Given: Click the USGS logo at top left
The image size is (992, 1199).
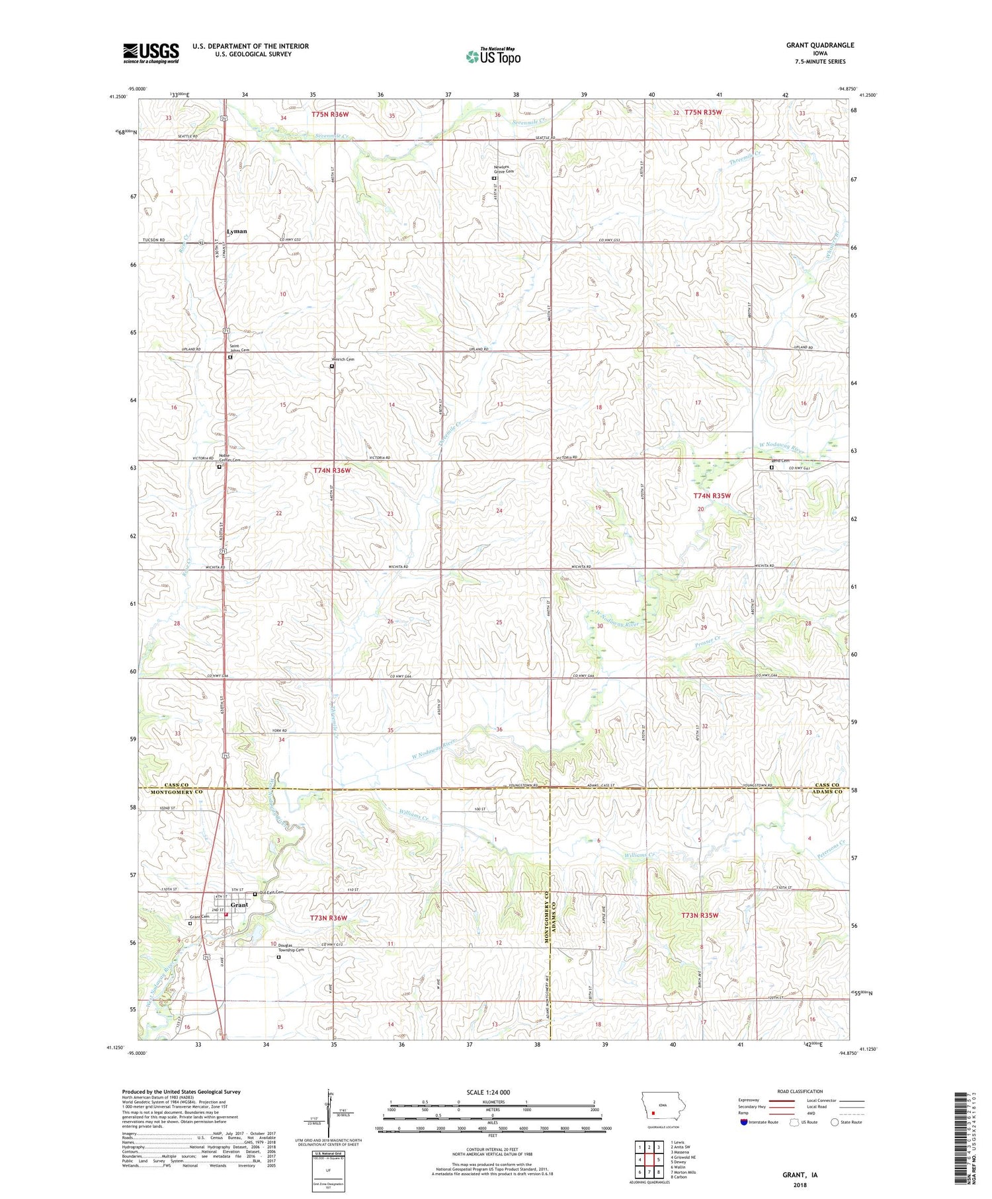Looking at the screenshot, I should pyautogui.click(x=151, y=53).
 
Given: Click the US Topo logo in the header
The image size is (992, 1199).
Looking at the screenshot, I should pyautogui.click(x=493, y=57).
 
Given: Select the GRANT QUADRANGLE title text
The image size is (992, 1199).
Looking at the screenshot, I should pyautogui.click(x=819, y=45).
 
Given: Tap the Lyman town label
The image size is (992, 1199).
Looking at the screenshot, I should pyautogui.click(x=237, y=231).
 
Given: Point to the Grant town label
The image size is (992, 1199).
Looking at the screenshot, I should pyautogui.click(x=239, y=905).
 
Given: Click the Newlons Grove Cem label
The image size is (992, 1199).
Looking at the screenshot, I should pyautogui.click(x=503, y=169).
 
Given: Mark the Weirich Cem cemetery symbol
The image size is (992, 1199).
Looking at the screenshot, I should pyautogui.click(x=332, y=366).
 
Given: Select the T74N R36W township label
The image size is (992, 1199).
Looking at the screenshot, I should pyautogui.click(x=331, y=470).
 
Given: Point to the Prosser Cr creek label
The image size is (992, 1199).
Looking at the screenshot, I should pyautogui.click(x=708, y=641).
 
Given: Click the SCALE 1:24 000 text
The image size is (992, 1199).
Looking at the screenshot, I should pyautogui.click(x=493, y=1093).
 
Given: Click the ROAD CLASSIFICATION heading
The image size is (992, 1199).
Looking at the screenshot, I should pyautogui.click(x=800, y=1091).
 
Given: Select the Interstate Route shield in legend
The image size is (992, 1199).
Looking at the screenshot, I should pyautogui.click(x=744, y=1122).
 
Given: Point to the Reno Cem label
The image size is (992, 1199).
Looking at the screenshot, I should pyautogui.click(x=780, y=460).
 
